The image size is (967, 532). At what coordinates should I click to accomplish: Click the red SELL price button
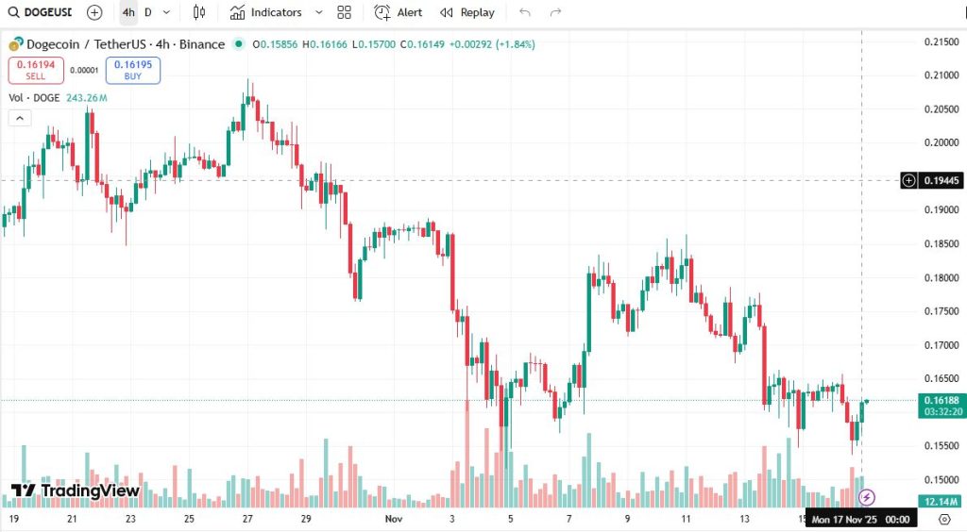(36, 70)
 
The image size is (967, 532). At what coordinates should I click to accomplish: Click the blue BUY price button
(132, 70)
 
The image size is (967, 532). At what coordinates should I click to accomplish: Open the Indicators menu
(276, 12)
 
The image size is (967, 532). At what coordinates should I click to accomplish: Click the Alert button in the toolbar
(399, 12)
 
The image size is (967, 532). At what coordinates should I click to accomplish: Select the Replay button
(467, 12)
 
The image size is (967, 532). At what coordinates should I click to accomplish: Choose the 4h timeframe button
(128, 12)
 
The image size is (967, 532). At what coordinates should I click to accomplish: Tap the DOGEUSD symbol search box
(38, 12)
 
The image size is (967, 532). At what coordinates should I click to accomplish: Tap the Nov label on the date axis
(395, 519)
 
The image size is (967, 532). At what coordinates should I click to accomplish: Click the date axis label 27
(247, 519)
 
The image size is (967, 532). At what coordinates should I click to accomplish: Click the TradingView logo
(76, 490)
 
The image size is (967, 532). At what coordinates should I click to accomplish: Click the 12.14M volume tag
(941, 501)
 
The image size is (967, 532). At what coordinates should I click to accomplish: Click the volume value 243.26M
(87, 98)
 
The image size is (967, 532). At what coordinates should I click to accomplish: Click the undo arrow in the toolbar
(525, 12)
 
